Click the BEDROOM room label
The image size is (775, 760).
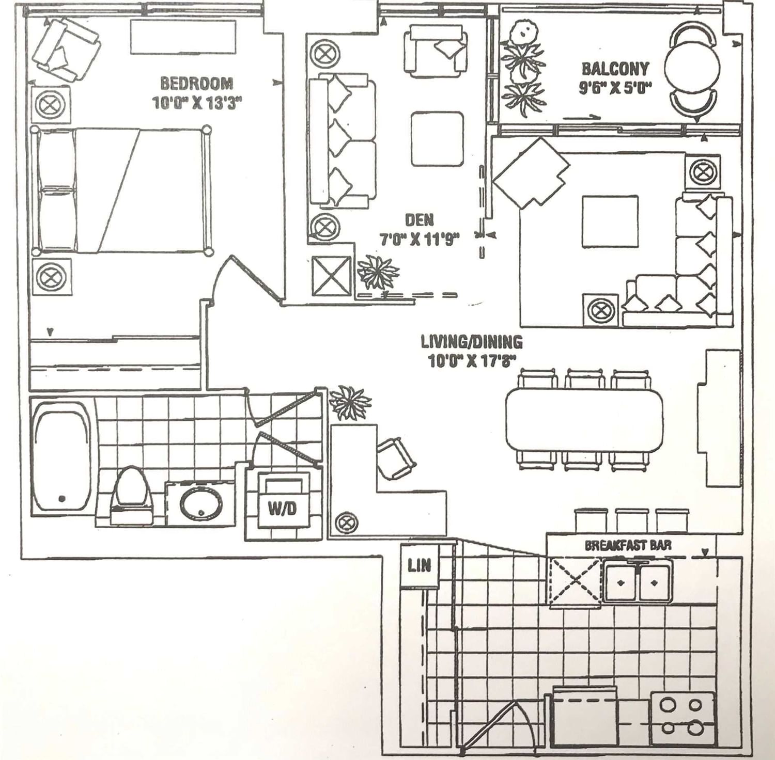pyautogui.click(x=196, y=83)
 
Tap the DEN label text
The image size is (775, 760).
pyautogui.click(x=419, y=220)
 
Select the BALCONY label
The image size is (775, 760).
pyautogui.click(x=615, y=69)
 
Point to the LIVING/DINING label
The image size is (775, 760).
pyautogui.click(x=471, y=342)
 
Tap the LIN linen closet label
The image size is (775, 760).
pyautogui.click(x=419, y=565)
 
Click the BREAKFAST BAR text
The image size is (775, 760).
pyautogui.click(x=628, y=545)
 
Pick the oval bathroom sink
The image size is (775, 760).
pyautogui.click(x=201, y=503)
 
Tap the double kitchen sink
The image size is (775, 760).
pyautogui.click(x=638, y=582)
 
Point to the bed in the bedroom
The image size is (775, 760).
pyautogui.click(x=121, y=191)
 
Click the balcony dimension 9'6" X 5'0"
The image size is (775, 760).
pyautogui.click(x=615, y=88)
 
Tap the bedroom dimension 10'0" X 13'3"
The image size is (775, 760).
pyautogui.click(x=197, y=103)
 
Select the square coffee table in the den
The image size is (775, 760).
pyautogui.click(x=437, y=139)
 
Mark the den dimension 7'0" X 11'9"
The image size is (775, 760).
pyautogui.click(x=420, y=240)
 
